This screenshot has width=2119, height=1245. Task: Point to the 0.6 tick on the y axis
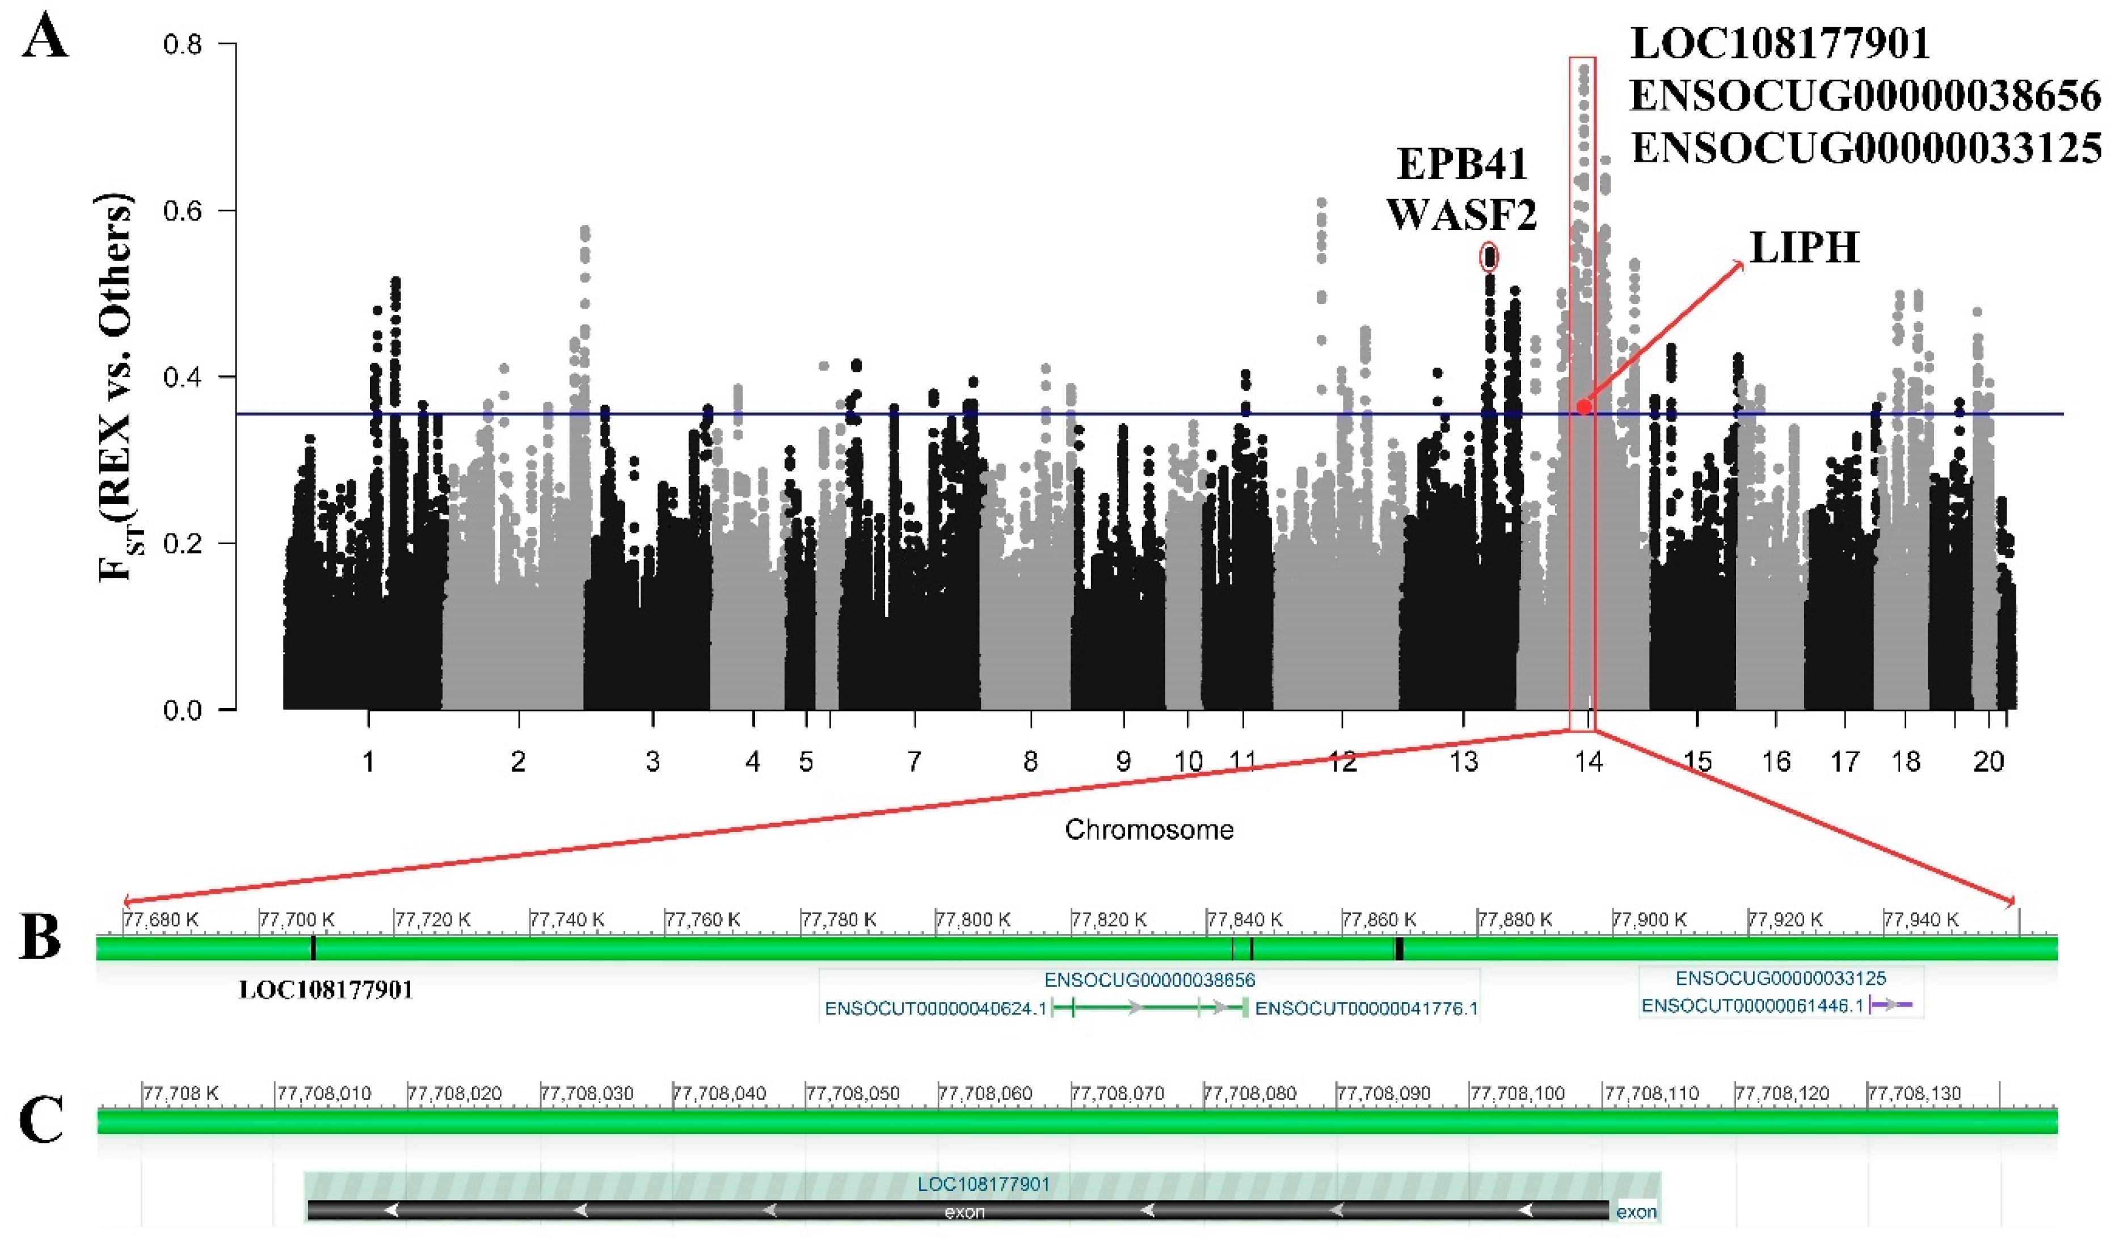(x=183, y=211)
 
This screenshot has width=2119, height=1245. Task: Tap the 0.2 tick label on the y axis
(x=183, y=544)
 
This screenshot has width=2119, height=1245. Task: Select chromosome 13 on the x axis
(x=1464, y=762)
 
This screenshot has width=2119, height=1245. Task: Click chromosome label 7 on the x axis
(x=914, y=762)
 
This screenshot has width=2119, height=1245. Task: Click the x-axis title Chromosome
(x=1149, y=830)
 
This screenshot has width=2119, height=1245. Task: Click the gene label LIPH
(x=1804, y=248)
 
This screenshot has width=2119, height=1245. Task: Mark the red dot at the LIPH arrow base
(x=1583, y=407)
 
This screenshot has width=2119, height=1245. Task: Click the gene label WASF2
(x=1461, y=214)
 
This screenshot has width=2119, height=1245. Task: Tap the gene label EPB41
(x=1461, y=164)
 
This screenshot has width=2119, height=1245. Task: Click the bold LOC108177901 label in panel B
(x=326, y=990)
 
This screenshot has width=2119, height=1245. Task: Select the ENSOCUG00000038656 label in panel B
(x=1149, y=980)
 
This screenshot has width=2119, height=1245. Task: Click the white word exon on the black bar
(x=964, y=1212)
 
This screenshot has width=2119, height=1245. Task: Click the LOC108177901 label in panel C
(x=983, y=1184)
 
